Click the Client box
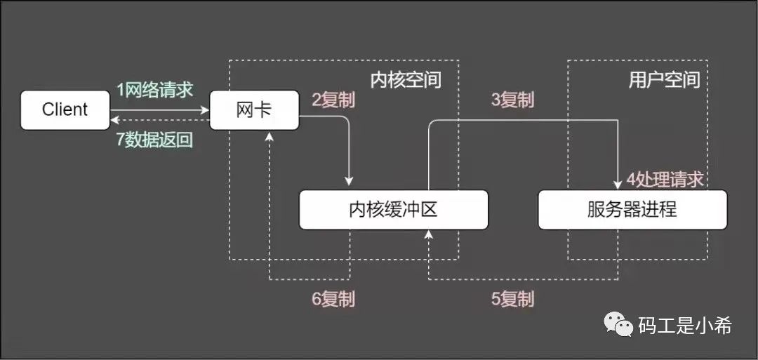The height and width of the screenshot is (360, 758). [x=65, y=109]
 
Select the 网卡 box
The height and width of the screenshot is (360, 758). [x=254, y=109]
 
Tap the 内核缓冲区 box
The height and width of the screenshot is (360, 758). [x=393, y=209]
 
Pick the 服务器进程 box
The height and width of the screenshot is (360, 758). [x=632, y=209]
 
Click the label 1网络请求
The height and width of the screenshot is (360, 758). [x=154, y=90]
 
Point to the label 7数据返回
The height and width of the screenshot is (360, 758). [x=154, y=139]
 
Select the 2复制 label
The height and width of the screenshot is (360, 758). [x=333, y=100]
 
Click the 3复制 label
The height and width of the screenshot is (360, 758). [x=512, y=100]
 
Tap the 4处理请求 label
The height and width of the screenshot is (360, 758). [x=664, y=180]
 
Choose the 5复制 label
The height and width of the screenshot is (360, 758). [x=512, y=299]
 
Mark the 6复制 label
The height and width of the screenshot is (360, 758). [x=333, y=299]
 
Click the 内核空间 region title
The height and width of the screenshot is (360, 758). [x=406, y=79]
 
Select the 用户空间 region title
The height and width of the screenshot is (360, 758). [x=664, y=79]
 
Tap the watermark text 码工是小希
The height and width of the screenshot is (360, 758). [x=685, y=325]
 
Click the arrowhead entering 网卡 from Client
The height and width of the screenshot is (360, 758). [x=206, y=109]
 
